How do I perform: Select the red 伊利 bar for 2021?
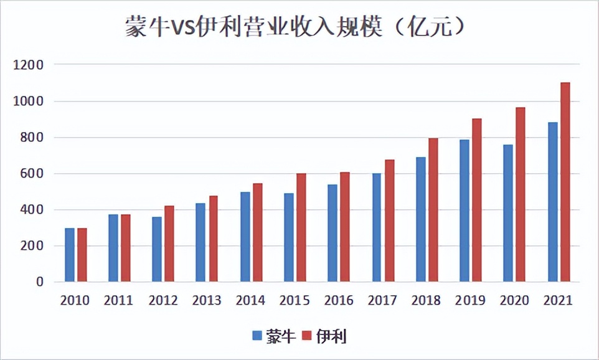point(565,182)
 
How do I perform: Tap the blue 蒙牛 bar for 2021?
point(552,202)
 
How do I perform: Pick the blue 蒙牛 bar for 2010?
point(70,255)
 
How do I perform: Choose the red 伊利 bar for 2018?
point(433,210)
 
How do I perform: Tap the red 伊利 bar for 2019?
point(477,200)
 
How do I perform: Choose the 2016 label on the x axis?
point(339,301)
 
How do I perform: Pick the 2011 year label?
point(118,301)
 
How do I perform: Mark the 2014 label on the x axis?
point(251,301)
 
